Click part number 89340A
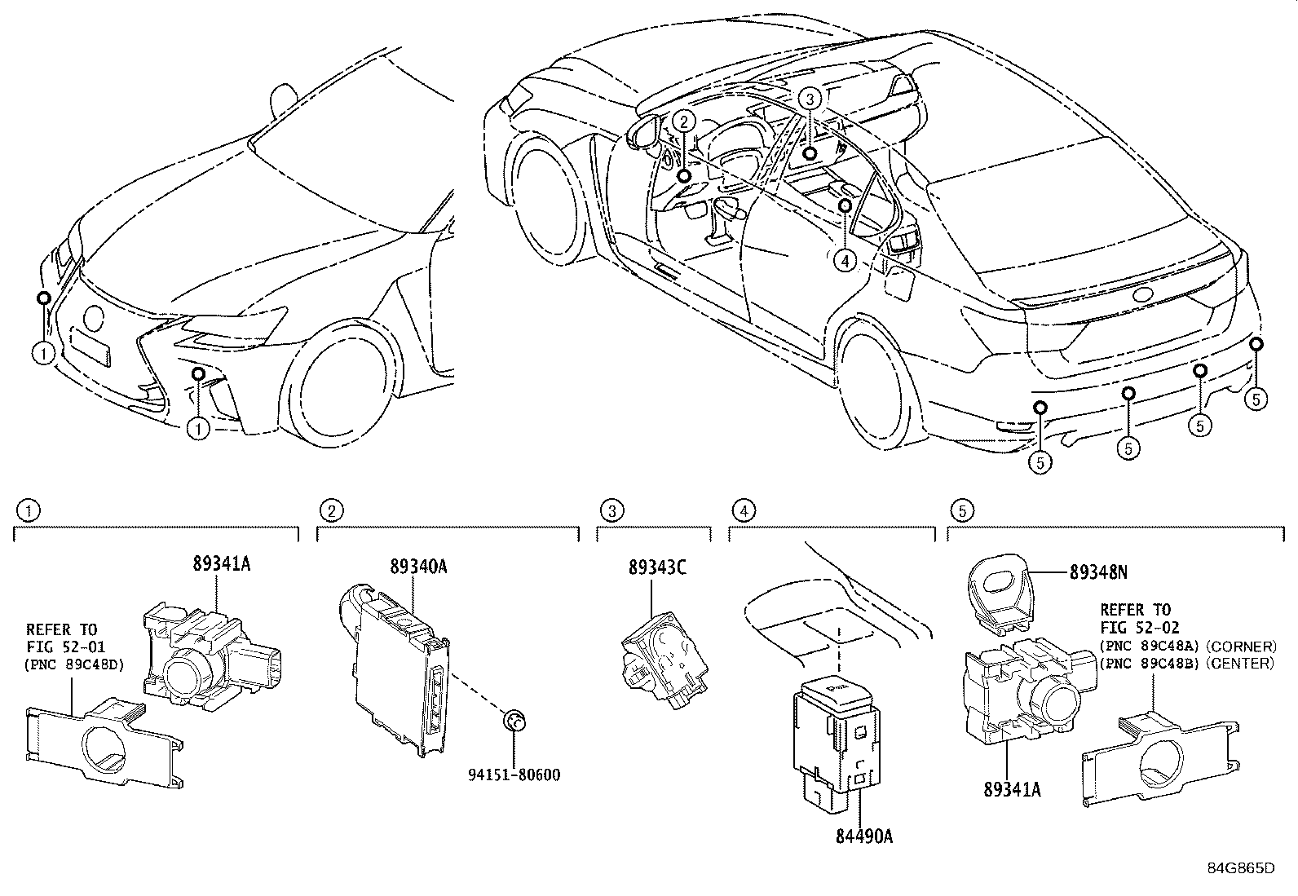click(x=418, y=567)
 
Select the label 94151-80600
click(x=515, y=775)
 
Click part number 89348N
click(x=1098, y=572)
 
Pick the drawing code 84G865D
click(x=1240, y=867)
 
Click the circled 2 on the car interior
click(x=683, y=121)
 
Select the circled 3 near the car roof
click(x=808, y=99)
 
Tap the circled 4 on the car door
click(x=845, y=260)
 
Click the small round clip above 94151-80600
click(x=514, y=720)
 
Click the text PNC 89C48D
click(x=74, y=664)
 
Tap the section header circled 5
click(x=962, y=511)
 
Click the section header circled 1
click(x=29, y=511)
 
